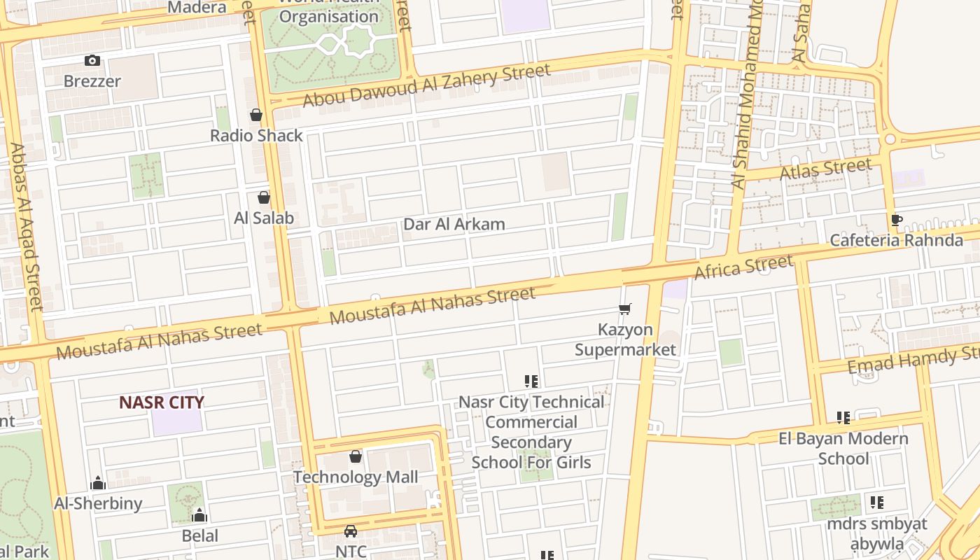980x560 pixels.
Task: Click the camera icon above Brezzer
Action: pos(92,61)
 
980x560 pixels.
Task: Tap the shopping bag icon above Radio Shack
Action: pos(256,115)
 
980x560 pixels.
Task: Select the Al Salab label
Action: pos(264,218)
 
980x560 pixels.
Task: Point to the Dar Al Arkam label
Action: pos(454,225)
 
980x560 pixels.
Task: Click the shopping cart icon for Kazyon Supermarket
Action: pos(625,309)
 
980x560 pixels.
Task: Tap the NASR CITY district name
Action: pos(162,402)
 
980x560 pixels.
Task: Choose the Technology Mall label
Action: pos(356,477)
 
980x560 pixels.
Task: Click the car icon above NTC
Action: pos(351,531)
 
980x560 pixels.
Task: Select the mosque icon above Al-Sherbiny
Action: pos(98,483)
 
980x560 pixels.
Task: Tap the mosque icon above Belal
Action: pos(199,516)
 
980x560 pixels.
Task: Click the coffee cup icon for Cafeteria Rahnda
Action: pos(896,220)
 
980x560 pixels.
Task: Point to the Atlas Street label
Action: pos(826,169)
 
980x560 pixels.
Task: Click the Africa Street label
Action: pos(743,267)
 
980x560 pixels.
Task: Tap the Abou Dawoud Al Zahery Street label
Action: pos(426,85)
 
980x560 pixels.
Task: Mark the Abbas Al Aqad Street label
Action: pos(27,227)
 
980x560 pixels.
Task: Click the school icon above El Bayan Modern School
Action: pos(843,418)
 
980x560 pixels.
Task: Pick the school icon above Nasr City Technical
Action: pos(531,381)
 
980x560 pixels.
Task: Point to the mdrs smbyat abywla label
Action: pos(877,533)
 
